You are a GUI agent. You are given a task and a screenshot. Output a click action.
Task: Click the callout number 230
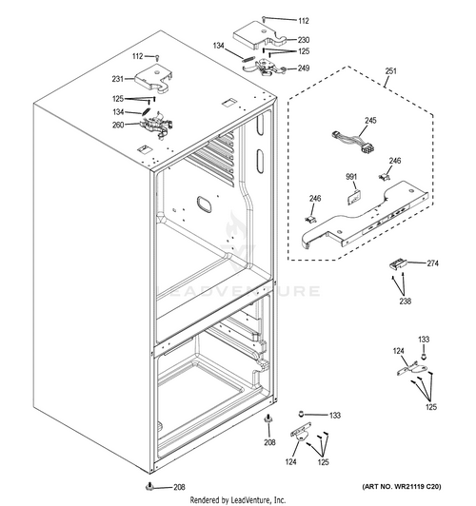[x=304, y=40]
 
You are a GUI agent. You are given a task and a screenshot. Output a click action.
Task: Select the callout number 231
[x=117, y=79]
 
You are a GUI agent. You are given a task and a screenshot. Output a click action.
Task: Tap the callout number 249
[x=304, y=68]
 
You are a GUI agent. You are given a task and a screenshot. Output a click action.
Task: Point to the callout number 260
[x=118, y=125]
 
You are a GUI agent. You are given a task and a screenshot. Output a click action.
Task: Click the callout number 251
[x=390, y=70]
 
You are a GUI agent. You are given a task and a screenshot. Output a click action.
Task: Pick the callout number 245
[x=370, y=121]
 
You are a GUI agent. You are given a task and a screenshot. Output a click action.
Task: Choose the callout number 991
[x=351, y=177]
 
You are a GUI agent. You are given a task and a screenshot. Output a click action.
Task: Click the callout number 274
[x=433, y=263]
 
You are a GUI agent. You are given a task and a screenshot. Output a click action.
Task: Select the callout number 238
[x=406, y=302]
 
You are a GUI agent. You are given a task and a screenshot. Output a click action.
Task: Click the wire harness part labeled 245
[x=353, y=142]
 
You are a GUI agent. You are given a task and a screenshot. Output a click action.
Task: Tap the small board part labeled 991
[x=353, y=198]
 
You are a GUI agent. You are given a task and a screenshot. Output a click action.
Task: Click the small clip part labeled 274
[x=398, y=264]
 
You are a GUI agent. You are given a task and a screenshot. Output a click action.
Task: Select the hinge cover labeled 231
[x=153, y=78]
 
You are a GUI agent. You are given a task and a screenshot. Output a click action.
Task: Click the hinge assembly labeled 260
[x=157, y=125]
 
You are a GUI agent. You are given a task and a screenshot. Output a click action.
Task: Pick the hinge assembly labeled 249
[x=265, y=68]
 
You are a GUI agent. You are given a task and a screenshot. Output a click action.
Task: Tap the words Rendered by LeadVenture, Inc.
[x=238, y=500]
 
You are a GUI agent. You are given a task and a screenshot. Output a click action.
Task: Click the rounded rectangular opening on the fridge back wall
[x=204, y=204]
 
